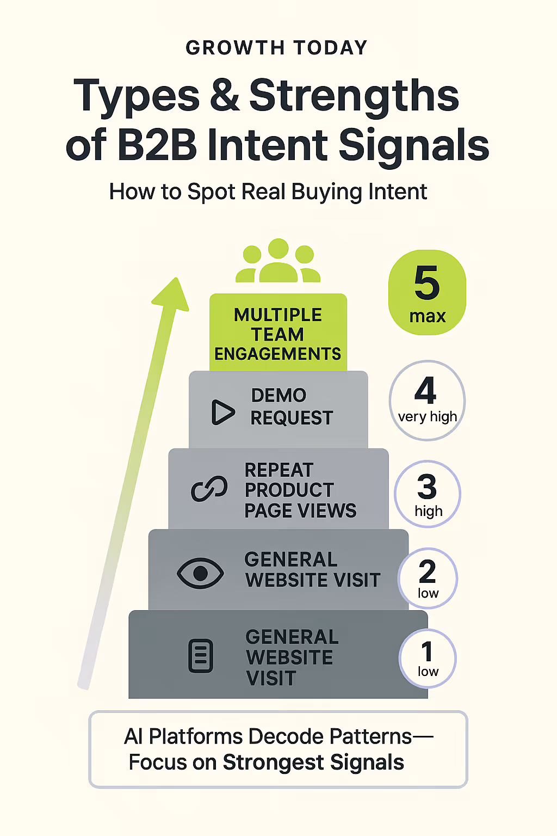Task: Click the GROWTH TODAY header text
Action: pyautogui.click(x=277, y=48)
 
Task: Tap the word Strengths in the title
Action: pyautogui.click(x=354, y=96)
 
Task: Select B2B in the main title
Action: pyautogui.click(x=157, y=145)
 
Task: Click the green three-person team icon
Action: pyautogui.click(x=278, y=262)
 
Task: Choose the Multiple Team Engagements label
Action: pyautogui.click(x=278, y=334)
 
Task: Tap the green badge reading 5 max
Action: pyautogui.click(x=427, y=292)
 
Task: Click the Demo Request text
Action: pyautogui.click(x=292, y=407)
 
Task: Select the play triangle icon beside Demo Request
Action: pyautogui.click(x=222, y=412)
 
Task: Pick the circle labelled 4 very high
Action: pyautogui.click(x=427, y=400)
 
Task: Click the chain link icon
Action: pyautogui.click(x=209, y=489)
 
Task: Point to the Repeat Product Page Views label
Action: pyautogui.click(x=300, y=490)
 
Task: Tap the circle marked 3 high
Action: pyautogui.click(x=428, y=494)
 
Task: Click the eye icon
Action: pyautogui.click(x=200, y=573)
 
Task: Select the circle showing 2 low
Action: pyautogui.click(x=428, y=578)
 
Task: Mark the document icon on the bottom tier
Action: pyautogui.click(x=200, y=656)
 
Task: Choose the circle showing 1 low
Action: pyautogui.click(x=428, y=659)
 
